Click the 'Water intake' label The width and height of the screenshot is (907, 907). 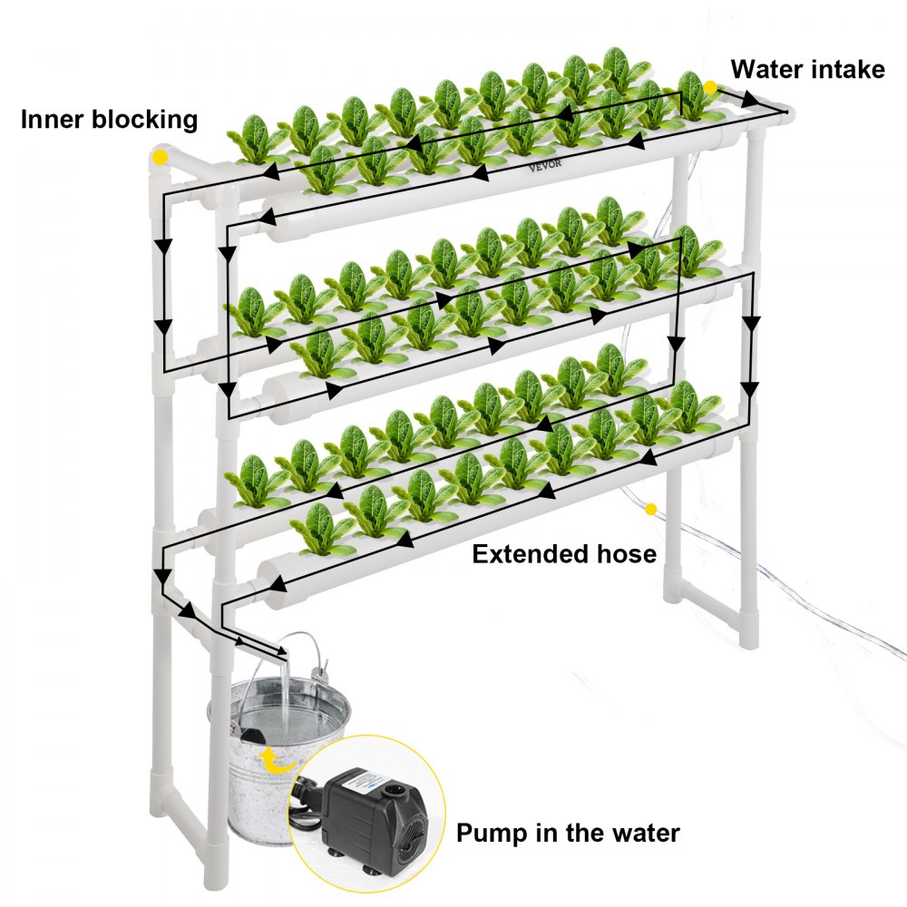point(807,70)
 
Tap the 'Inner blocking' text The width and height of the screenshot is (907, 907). point(109,119)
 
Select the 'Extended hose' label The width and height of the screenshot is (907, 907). point(563,553)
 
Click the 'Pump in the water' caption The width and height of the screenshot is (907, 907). point(568,832)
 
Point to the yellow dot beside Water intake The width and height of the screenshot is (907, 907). point(710,87)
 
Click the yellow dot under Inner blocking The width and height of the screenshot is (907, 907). point(161,157)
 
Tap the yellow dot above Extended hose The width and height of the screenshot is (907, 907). point(650,511)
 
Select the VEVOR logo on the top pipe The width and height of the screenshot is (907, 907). point(546,166)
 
